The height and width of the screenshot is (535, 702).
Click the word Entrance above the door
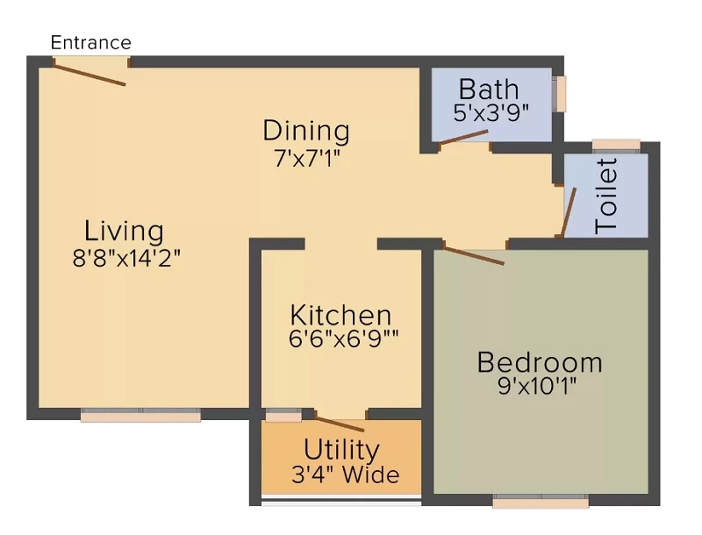pyautogui.click(x=91, y=42)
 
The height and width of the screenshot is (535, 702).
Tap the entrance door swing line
pyautogui.click(x=90, y=74)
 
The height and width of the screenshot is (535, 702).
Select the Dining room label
pyautogui.click(x=306, y=131)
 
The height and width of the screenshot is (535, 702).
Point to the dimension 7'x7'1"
pyautogui.click(x=307, y=158)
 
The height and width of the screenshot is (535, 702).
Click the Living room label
pyautogui.click(x=124, y=232)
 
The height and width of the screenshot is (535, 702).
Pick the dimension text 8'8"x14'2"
pyautogui.click(x=126, y=258)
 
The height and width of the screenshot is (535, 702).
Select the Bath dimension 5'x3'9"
pyautogui.click(x=491, y=113)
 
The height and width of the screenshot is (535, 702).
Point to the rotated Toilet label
pyautogui.click(x=606, y=196)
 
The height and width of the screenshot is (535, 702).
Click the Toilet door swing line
pyautogui.click(x=568, y=212)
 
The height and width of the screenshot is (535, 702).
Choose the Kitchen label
pyautogui.click(x=340, y=316)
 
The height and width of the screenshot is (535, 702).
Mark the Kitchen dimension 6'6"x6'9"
pyautogui.click(x=343, y=339)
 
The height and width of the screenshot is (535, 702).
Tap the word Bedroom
pyautogui.click(x=540, y=362)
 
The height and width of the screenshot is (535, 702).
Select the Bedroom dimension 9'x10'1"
pyautogui.click(x=537, y=386)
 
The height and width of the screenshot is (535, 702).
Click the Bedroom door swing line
pyautogui.click(x=474, y=254)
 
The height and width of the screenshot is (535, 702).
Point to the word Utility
pyautogui.click(x=341, y=450)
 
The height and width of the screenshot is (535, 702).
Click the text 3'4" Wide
pyautogui.click(x=345, y=474)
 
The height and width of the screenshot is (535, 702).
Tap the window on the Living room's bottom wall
pyautogui.click(x=140, y=415)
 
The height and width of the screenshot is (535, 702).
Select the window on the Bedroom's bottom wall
pyautogui.click(x=541, y=501)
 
